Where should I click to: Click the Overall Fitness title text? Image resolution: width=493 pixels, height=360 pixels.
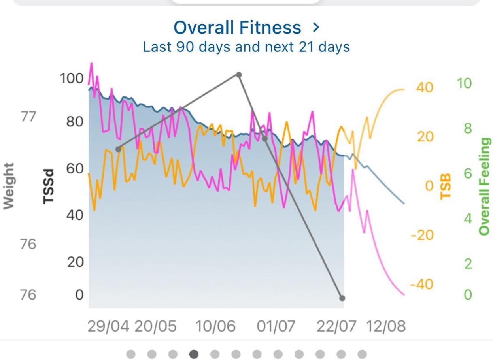click(237, 28)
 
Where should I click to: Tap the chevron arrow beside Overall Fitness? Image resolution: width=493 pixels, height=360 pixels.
click(315, 28)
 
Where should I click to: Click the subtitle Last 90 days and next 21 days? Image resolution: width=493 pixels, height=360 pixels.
click(246, 47)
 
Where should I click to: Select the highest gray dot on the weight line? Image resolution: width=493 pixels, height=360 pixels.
click(239, 75)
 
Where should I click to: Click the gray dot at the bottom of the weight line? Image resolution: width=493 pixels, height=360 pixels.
click(342, 298)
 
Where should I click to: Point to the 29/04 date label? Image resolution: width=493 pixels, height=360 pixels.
click(108, 327)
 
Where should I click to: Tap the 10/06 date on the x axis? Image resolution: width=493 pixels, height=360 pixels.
click(215, 327)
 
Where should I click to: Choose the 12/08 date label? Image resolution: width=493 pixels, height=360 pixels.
click(386, 327)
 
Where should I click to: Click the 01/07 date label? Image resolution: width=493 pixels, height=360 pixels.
click(276, 327)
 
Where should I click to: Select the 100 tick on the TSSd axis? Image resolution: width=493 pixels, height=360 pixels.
click(72, 79)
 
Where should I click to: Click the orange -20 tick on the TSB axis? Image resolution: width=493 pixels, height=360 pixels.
click(422, 236)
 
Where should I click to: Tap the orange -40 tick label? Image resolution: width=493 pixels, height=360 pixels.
click(422, 284)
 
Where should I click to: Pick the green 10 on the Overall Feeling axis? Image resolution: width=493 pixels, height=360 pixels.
click(465, 84)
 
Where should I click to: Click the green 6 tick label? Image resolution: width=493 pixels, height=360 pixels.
click(468, 174)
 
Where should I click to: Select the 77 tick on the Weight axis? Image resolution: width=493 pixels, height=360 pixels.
click(28, 117)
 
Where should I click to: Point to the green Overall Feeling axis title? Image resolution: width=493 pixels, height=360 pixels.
click(485, 186)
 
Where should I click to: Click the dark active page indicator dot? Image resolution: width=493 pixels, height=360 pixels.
click(194, 354)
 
